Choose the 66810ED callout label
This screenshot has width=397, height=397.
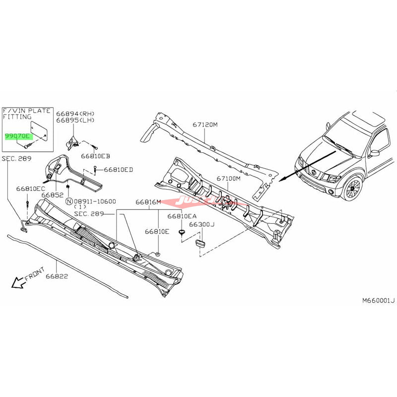point(118,170)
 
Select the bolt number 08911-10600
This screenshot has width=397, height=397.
point(95,201)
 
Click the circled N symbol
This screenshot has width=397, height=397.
point(69,201)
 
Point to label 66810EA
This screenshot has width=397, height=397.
point(182,216)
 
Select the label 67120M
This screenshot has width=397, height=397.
point(204,125)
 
